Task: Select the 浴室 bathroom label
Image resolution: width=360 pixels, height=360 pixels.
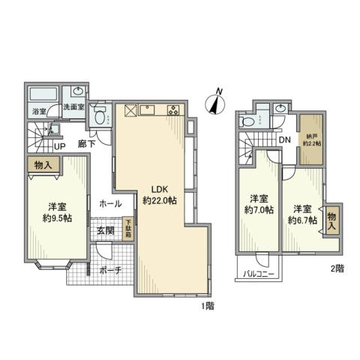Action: [39, 112]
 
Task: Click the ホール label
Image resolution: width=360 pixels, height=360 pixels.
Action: [110, 203]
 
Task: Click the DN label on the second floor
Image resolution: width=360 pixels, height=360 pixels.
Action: [285, 139]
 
